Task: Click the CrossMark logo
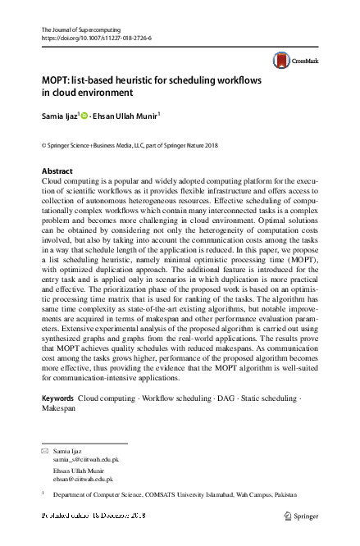tap(294, 60)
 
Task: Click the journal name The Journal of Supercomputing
tap(85, 30)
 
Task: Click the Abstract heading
tap(57, 171)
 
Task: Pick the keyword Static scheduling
tap(266, 398)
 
